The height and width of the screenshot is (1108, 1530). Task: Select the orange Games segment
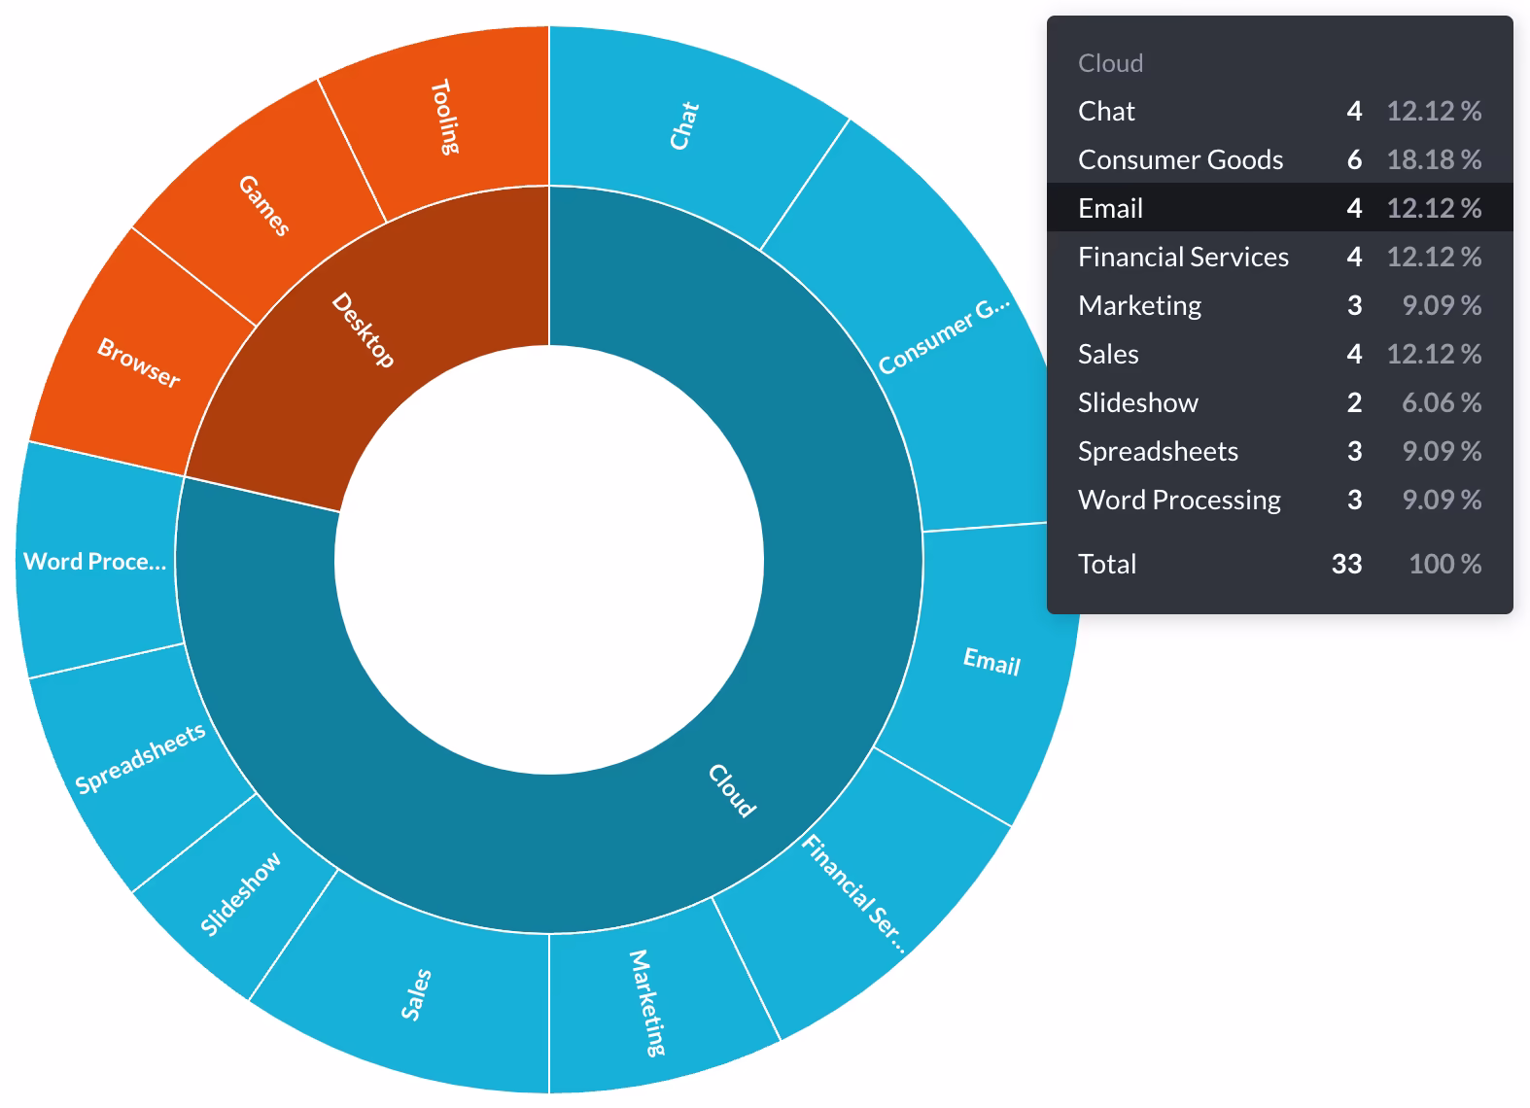coord(263,205)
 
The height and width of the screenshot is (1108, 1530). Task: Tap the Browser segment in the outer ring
coord(139,363)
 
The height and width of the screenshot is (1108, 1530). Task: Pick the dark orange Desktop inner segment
coord(363,330)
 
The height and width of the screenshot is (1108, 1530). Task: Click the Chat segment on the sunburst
coord(684,125)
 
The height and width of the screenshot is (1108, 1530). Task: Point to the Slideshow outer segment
coord(240,893)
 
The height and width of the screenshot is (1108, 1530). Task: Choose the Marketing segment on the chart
coord(647,1002)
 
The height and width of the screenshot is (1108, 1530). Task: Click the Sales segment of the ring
coord(416,994)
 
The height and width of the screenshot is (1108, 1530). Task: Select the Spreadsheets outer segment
coord(140,758)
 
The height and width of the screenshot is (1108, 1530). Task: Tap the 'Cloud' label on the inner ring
coord(731,790)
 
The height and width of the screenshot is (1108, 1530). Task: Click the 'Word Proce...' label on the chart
coord(94,562)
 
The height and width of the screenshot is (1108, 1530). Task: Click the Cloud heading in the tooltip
coord(1110,63)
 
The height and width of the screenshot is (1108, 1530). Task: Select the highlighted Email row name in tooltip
coord(1110,208)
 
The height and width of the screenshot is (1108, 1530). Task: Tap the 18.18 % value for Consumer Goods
coord(1434,159)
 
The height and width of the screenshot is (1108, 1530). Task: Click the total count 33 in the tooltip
coord(1346,564)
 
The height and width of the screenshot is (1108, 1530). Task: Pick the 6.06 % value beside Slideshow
coord(1441,402)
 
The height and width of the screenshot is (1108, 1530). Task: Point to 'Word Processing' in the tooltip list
coord(1179,500)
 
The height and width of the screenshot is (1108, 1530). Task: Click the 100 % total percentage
coord(1444,564)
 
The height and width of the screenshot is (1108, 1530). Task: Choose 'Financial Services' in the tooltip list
coord(1183,257)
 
